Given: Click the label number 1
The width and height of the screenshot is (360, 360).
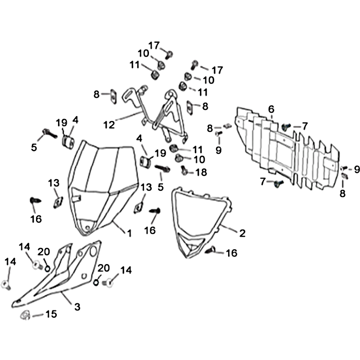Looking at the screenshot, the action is click(x=130, y=233).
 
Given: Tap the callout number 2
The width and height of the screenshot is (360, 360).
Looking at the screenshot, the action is click(x=242, y=233).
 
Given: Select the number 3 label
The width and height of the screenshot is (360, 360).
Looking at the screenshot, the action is click(x=77, y=307).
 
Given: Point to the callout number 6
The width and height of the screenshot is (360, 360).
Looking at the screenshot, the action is click(x=271, y=109).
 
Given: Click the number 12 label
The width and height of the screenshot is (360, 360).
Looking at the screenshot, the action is click(x=109, y=125).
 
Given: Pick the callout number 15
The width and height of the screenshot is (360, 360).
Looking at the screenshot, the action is click(x=51, y=314).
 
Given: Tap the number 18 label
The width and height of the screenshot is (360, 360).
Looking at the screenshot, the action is click(x=201, y=172).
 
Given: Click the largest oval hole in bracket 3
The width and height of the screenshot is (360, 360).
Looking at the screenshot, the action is click(x=93, y=252).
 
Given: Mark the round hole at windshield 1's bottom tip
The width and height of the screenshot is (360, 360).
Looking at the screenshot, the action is click(x=87, y=228).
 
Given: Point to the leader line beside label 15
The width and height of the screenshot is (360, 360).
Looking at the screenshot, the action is click(x=38, y=316).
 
